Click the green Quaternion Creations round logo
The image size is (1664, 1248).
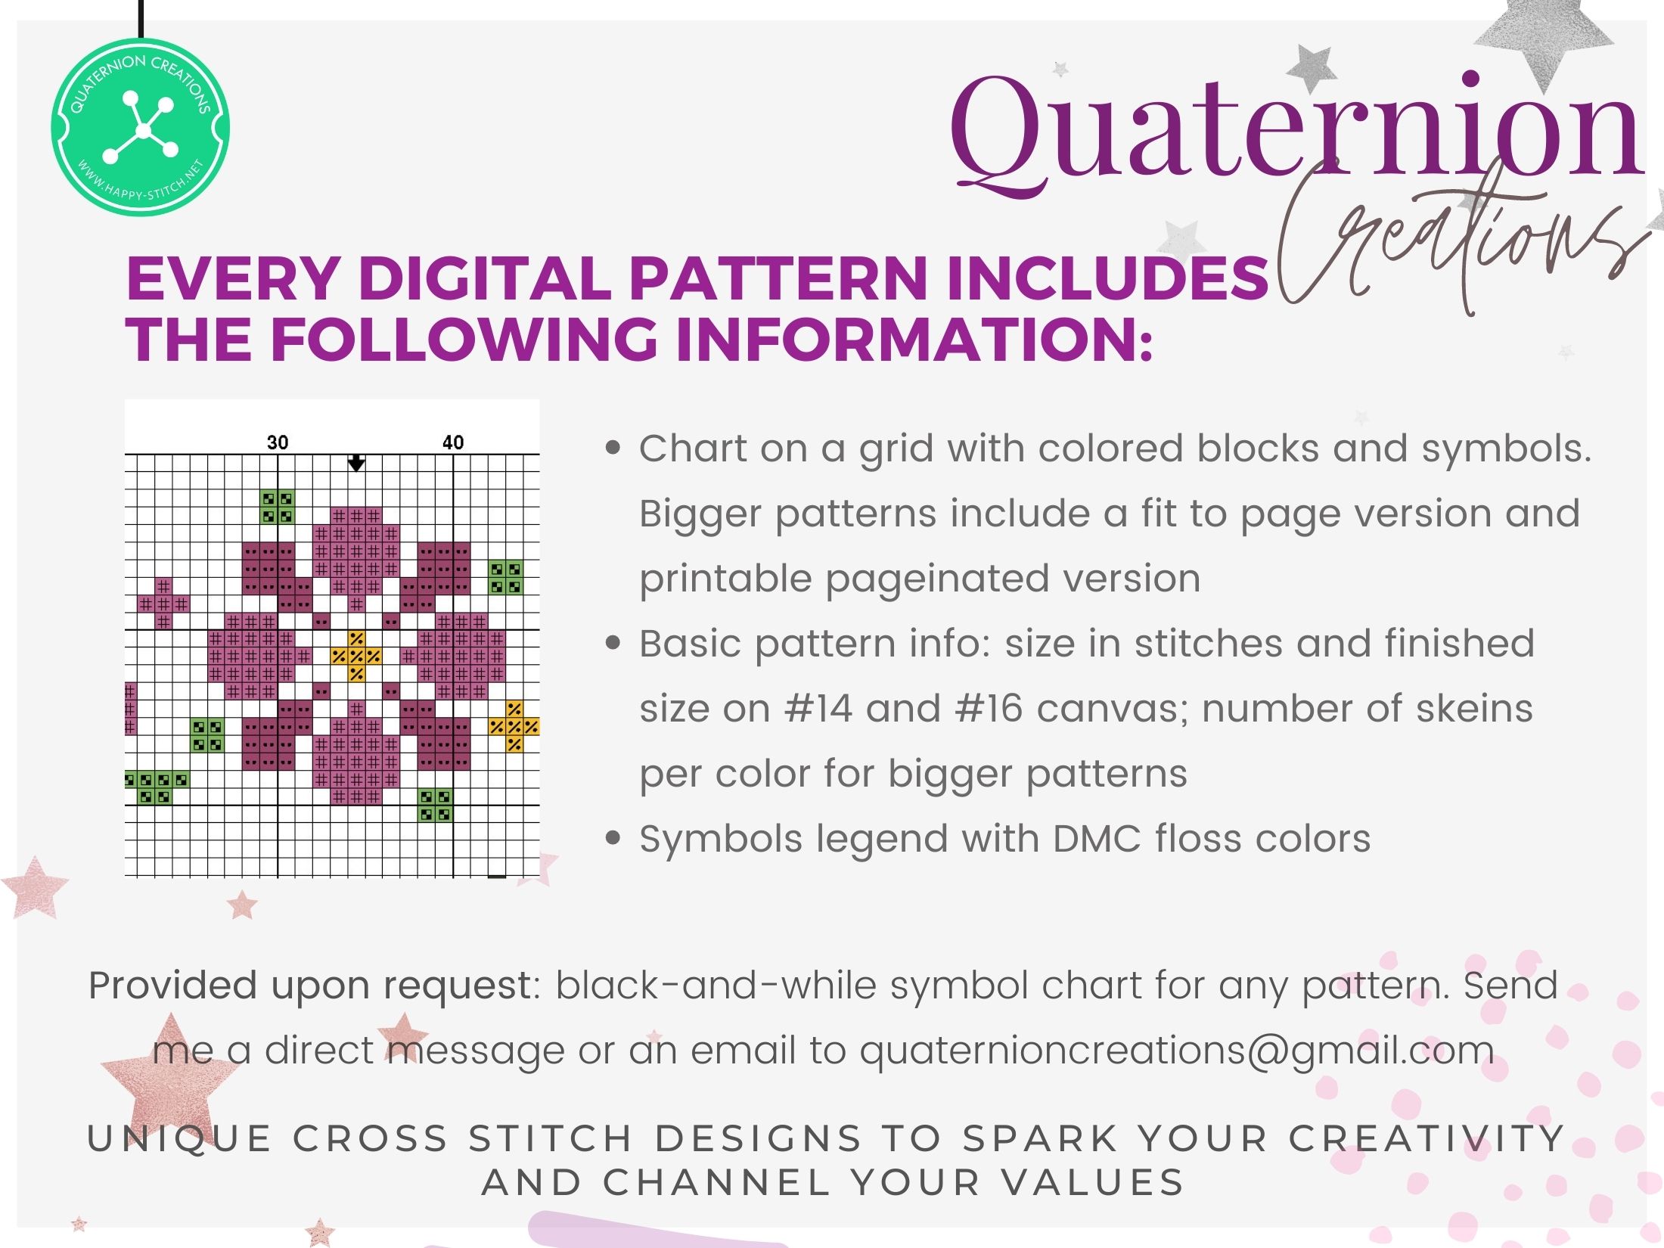click(141, 127)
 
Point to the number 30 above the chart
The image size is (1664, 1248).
click(278, 442)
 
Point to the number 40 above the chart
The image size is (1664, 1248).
click(452, 442)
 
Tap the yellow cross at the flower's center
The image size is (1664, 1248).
click(356, 656)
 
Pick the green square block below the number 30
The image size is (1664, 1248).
click(278, 508)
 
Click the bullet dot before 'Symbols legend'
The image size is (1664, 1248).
click(614, 839)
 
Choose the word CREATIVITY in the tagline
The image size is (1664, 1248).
click(1427, 1139)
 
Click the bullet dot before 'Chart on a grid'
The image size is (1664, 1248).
click(614, 449)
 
